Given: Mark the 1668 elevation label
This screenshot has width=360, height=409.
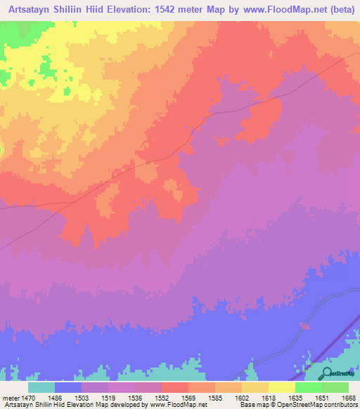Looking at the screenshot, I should [x=349, y=398].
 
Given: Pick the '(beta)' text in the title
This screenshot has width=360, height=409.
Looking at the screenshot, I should [x=338, y=10].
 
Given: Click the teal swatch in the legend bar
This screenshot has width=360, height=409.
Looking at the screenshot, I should [x=41, y=387].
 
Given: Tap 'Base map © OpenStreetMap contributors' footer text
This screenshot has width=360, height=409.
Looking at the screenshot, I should [x=297, y=405].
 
